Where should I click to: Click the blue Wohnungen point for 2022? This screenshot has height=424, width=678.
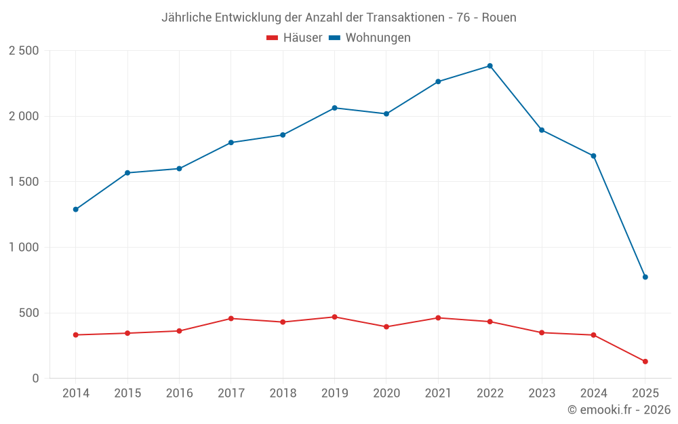[x=490, y=66]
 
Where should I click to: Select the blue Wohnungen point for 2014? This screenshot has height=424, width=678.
[x=75, y=210]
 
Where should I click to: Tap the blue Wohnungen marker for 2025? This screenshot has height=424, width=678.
[x=645, y=277]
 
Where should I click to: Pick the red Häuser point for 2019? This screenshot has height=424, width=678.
[x=334, y=317]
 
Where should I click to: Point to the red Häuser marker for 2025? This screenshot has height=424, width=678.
[x=645, y=362]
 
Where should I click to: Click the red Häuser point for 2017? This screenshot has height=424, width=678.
[x=231, y=318]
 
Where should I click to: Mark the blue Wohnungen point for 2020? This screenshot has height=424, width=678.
[x=386, y=114]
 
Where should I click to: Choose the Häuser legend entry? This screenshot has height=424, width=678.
[x=294, y=38]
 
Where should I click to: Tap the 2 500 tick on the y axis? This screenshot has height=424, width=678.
[x=24, y=51]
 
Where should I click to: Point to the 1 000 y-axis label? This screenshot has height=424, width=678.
[x=24, y=248]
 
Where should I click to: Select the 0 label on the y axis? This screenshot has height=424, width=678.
[x=35, y=379]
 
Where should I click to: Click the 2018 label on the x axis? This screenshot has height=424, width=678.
[x=283, y=393]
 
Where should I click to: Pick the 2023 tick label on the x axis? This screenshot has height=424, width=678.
[x=541, y=393]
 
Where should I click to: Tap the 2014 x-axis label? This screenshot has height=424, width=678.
[x=75, y=393]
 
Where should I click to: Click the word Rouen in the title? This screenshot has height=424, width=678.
[x=499, y=18]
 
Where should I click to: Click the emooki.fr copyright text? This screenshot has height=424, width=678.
[x=618, y=410]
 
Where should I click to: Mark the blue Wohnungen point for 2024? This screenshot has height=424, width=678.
[x=593, y=156]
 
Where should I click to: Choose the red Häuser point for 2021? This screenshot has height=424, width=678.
[x=438, y=317]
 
